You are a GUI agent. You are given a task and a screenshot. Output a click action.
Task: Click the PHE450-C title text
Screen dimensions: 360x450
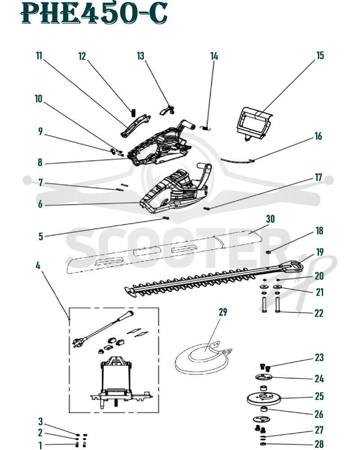pos(94,13)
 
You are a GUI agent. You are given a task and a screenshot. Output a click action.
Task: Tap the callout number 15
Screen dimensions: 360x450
pos(320,55)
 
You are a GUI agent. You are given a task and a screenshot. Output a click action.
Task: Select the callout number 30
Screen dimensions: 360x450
pos(270,219)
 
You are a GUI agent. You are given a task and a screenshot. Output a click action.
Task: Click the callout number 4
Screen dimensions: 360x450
pos(38,265)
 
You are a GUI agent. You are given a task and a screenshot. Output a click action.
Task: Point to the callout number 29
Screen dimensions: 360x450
pos(223,312)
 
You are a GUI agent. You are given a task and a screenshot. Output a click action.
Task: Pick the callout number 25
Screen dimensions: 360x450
pos(319,396)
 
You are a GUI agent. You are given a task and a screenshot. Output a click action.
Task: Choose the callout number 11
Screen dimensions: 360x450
pos(39,55)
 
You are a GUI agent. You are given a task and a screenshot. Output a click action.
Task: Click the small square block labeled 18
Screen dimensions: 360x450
pos(269,252)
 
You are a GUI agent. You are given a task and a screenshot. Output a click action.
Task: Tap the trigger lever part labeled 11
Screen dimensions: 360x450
pos(135,126)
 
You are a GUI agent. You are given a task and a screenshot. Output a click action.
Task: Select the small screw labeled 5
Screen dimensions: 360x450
pos(166,218)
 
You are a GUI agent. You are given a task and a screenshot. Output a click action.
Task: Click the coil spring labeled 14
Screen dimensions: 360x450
pos(206,127)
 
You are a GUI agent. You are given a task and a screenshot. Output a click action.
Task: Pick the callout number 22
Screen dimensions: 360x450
pos(319,313)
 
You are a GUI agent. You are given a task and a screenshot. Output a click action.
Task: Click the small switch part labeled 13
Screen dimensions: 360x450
pos(167,110)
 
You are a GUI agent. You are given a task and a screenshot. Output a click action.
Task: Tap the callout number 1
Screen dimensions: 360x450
pos(40,445)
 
